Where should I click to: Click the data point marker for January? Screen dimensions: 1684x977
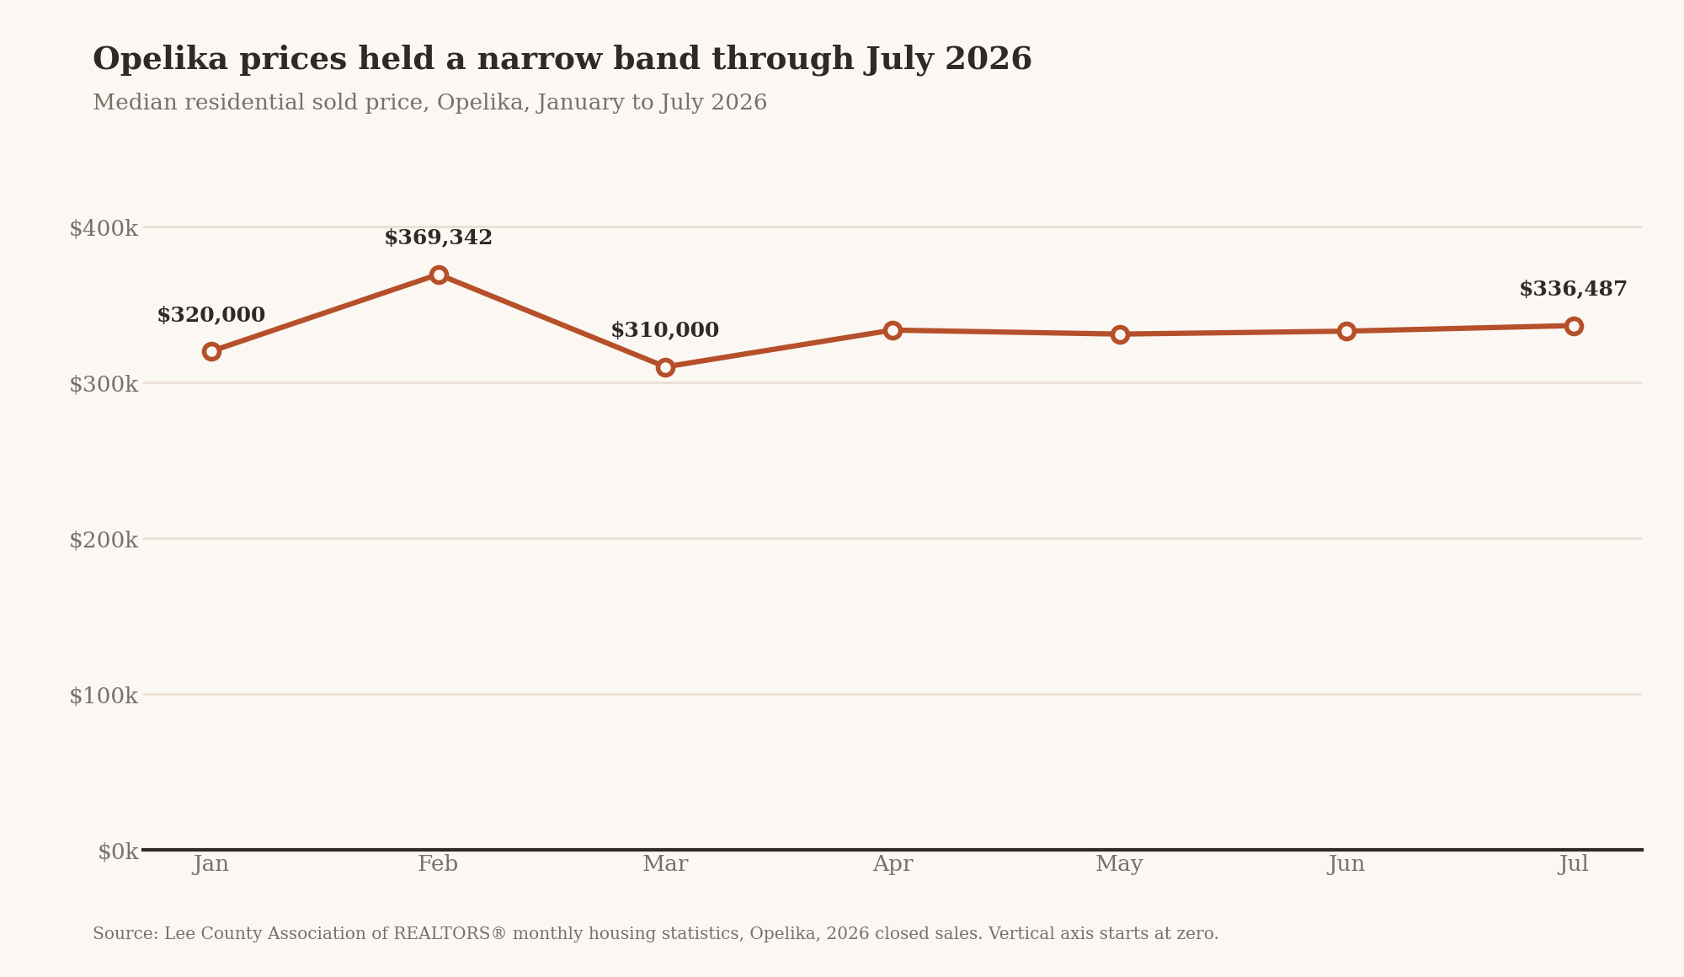tap(211, 351)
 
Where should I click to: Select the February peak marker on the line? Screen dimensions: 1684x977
tap(439, 275)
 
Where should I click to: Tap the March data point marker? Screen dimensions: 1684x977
tap(665, 367)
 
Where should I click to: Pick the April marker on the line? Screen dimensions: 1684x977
tap(893, 330)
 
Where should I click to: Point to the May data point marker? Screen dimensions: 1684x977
tap(1120, 334)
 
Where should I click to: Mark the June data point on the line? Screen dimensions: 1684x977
tap(1346, 331)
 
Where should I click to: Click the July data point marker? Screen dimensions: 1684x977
tap(1574, 326)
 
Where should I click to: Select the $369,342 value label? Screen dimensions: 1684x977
tap(439, 238)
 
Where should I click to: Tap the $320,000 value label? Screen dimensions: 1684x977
tap(211, 316)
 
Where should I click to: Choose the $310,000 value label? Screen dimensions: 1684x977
tap(665, 331)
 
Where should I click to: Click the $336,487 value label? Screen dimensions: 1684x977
tap(1574, 290)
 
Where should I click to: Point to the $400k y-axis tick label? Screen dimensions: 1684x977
tap(104, 228)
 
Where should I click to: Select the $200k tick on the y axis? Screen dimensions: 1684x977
tap(104, 540)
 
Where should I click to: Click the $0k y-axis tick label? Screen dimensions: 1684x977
tap(118, 852)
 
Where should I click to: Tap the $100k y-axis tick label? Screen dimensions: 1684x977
tap(104, 696)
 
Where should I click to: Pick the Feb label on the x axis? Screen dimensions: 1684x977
tap(439, 864)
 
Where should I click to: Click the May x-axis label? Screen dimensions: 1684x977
tap(1120, 865)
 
